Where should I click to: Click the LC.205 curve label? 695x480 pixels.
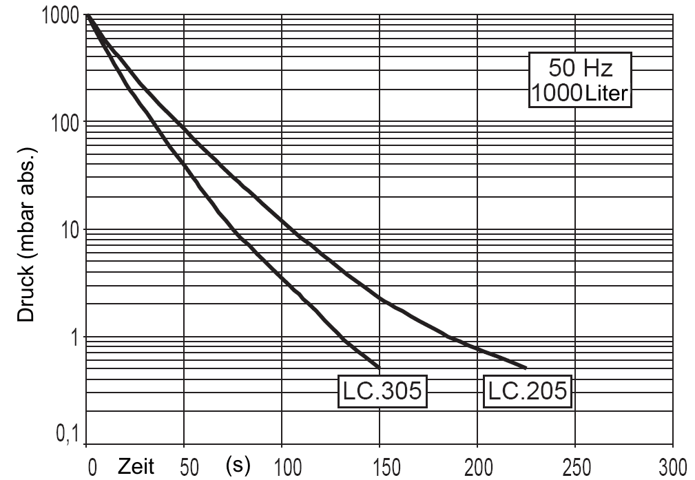click(x=528, y=391)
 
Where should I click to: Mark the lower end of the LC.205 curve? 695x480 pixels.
click(x=526, y=367)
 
